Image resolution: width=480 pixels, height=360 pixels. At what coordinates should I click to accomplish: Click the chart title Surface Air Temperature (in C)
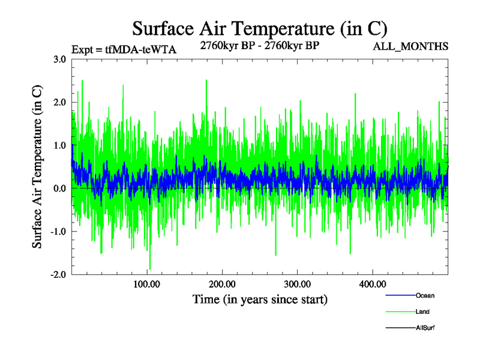(x=259, y=28)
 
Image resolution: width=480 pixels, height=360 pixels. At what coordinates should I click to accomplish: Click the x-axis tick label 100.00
(x=146, y=284)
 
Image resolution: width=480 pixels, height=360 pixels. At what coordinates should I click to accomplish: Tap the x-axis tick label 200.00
(x=222, y=284)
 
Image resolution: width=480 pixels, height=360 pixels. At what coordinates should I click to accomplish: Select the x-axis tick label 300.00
(x=297, y=284)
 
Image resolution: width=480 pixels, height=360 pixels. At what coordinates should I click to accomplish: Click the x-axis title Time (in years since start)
(x=260, y=299)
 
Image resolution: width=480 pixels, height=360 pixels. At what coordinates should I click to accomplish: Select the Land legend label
(x=422, y=311)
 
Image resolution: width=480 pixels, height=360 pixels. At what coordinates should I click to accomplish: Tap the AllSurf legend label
(x=425, y=328)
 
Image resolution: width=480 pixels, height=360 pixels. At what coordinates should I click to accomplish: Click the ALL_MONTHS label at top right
(x=410, y=46)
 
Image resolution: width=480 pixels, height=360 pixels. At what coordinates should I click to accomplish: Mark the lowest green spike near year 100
(x=150, y=269)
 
